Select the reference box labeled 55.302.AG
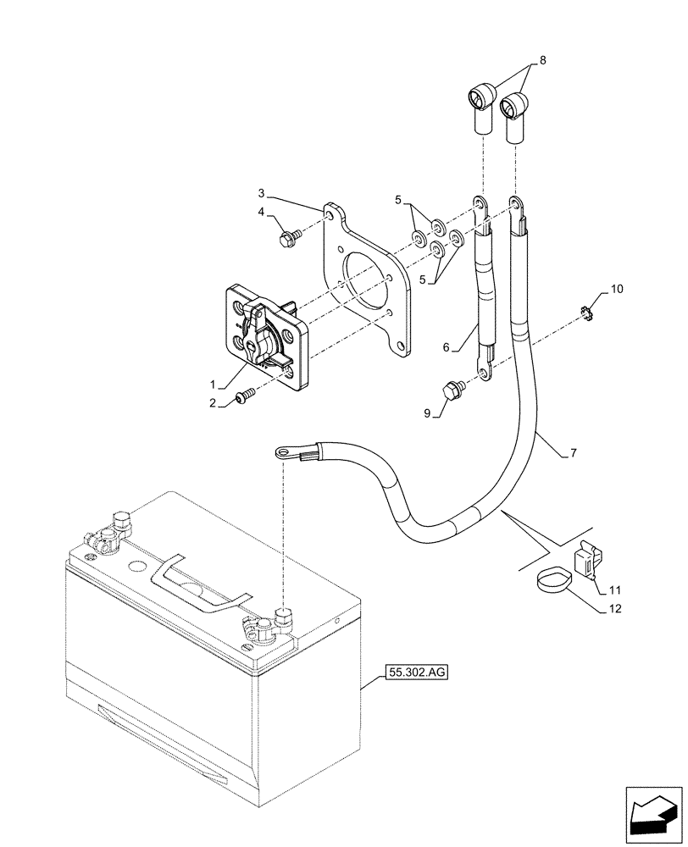pyautogui.click(x=415, y=673)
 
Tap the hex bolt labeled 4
pyautogui.click(x=286, y=239)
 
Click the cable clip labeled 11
pyautogui.click(x=585, y=560)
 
